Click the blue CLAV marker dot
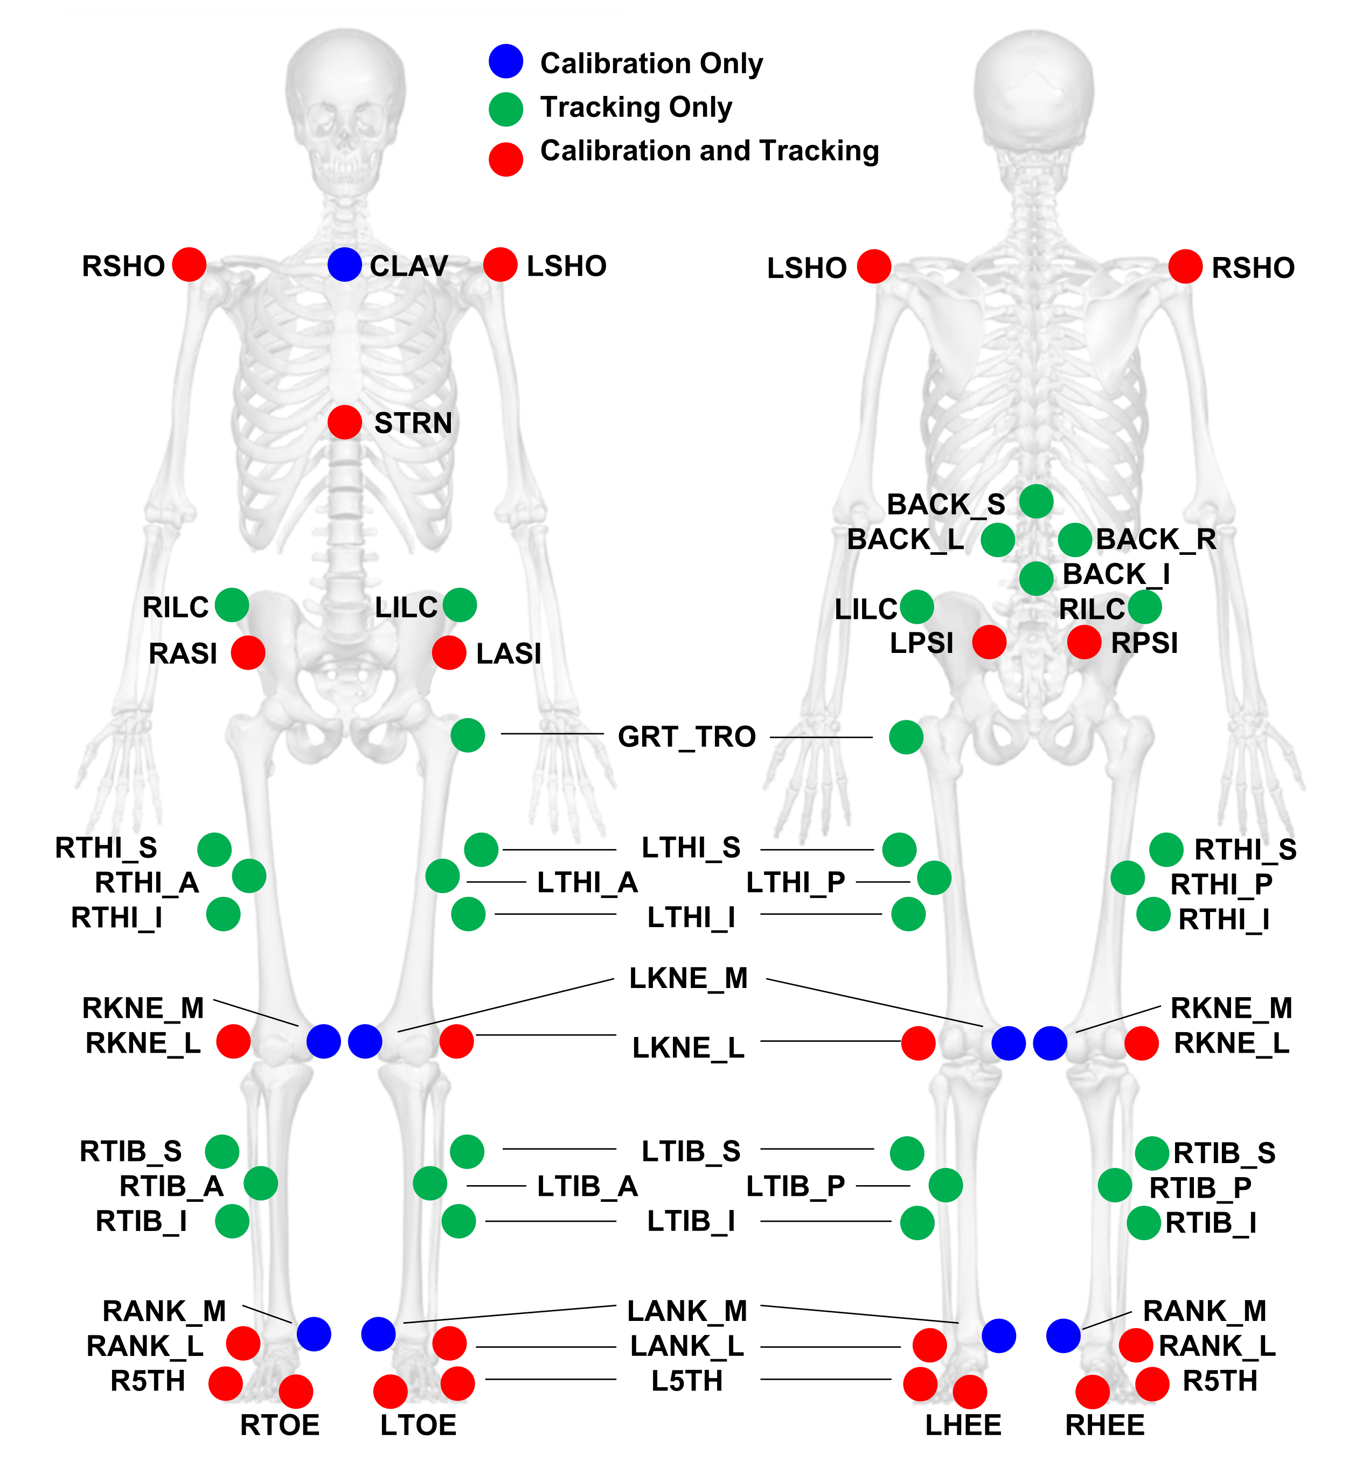point(344,265)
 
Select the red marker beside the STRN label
point(344,422)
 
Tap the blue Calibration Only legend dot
point(506,61)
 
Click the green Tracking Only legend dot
point(506,109)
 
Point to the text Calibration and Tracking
point(710,151)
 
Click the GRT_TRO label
point(686,736)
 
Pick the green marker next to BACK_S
point(1036,502)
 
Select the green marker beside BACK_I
point(1036,579)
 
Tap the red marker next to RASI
point(248,652)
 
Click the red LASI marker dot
point(448,652)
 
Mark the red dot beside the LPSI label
point(989,642)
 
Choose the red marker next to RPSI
point(1083,642)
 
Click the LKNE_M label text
point(689,978)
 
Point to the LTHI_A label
point(587,882)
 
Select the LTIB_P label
point(795,1186)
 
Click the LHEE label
point(963,1425)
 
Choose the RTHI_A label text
point(147,882)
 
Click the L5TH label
point(686,1381)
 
